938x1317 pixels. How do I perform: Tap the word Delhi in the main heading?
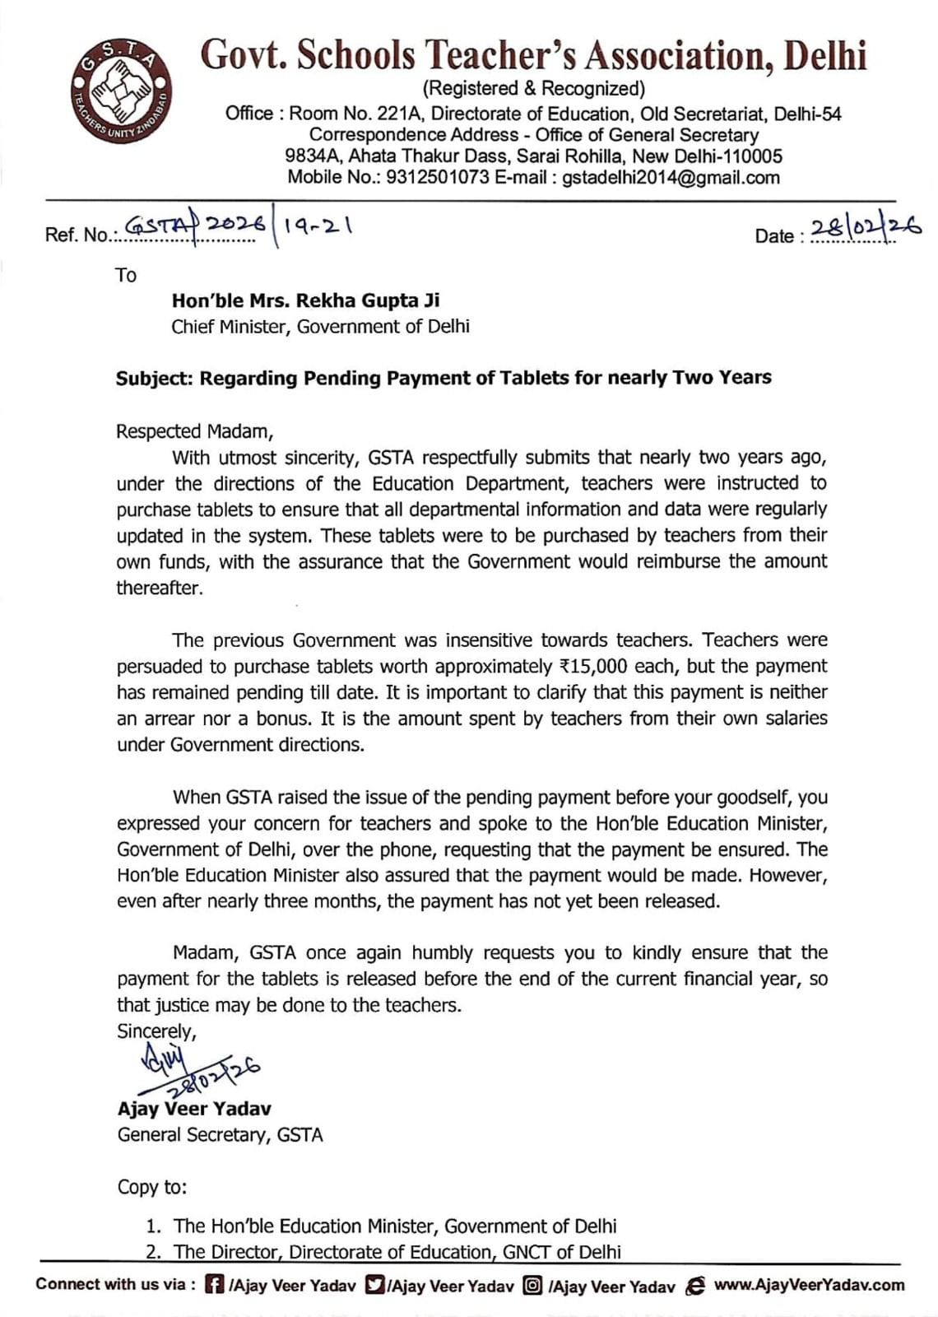click(824, 56)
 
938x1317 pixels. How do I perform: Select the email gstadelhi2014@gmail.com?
click(671, 177)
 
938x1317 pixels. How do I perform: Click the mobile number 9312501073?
click(437, 177)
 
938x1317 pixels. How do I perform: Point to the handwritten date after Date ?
click(864, 229)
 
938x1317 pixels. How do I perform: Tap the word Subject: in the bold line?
click(155, 379)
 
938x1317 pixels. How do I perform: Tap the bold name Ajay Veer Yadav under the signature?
click(194, 1109)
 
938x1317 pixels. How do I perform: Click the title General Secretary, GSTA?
click(220, 1135)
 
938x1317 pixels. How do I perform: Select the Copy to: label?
click(152, 1187)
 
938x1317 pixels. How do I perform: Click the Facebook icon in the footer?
click(214, 1285)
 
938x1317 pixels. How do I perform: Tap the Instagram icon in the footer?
click(532, 1285)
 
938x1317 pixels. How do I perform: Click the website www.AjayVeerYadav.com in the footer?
click(808, 1285)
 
